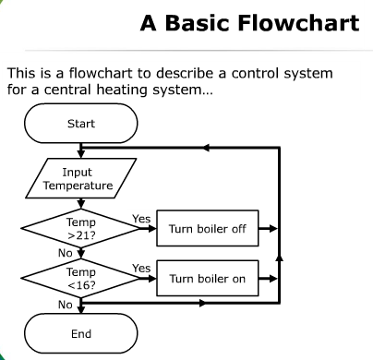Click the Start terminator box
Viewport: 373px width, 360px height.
[x=81, y=123]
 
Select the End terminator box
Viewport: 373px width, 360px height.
[x=81, y=333]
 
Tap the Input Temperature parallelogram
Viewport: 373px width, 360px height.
[x=81, y=178]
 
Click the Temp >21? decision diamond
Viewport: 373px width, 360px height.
[x=81, y=228]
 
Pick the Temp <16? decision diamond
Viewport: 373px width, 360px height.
[x=81, y=279]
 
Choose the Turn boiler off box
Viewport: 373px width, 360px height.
[x=208, y=228]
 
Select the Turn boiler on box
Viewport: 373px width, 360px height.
[x=208, y=279]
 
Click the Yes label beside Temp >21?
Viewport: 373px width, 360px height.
[x=141, y=219]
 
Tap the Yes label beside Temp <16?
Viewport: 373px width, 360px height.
[x=141, y=269]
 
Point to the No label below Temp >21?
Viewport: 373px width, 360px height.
[x=66, y=253]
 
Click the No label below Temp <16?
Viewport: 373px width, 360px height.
[x=66, y=305]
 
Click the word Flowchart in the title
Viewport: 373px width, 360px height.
[x=298, y=23]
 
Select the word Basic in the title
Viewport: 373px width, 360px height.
[x=197, y=23]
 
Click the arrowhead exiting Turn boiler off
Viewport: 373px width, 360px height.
[x=273, y=228]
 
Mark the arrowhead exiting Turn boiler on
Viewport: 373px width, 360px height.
[x=273, y=279]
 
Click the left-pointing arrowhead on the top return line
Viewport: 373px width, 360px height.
[x=206, y=148]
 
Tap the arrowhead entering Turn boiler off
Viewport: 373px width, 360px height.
[x=152, y=228]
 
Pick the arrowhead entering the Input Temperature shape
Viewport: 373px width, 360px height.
[x=81, y=154]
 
